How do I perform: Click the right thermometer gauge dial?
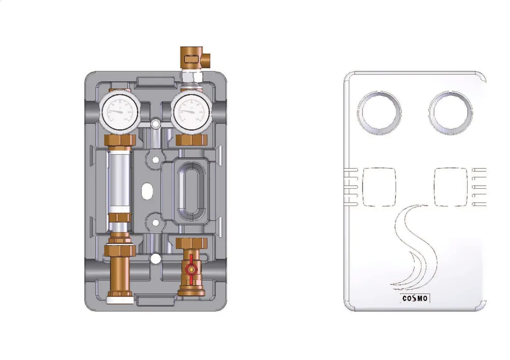(x=191, y=112)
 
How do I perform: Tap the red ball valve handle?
(x=191, y=269)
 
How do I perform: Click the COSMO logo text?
(x=415, y=298)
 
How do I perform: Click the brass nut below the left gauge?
(x=120, y=141)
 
